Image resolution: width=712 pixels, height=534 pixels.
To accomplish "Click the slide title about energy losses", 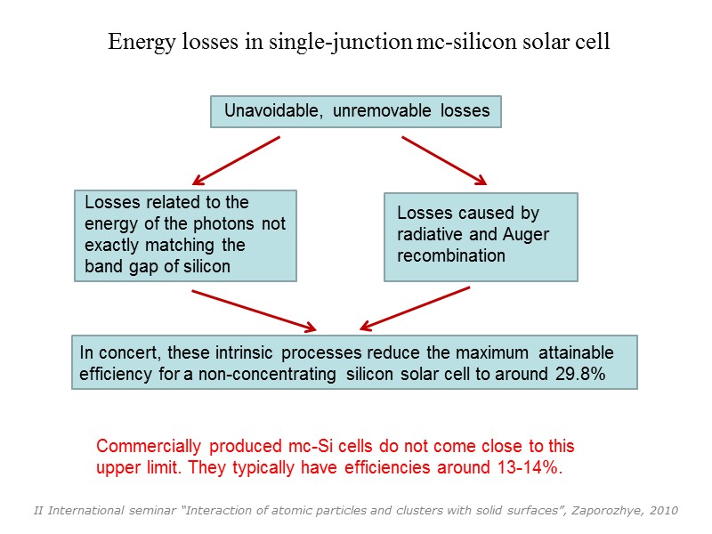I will pos(359,42).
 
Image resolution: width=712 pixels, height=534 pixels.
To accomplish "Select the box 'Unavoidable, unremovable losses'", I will pos(356,112).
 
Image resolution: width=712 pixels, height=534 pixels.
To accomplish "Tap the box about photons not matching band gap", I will pos(185,235).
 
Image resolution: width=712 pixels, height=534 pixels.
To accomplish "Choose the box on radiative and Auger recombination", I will pos(481,236).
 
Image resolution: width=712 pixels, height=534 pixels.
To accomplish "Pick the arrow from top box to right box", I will pos(444,160).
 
